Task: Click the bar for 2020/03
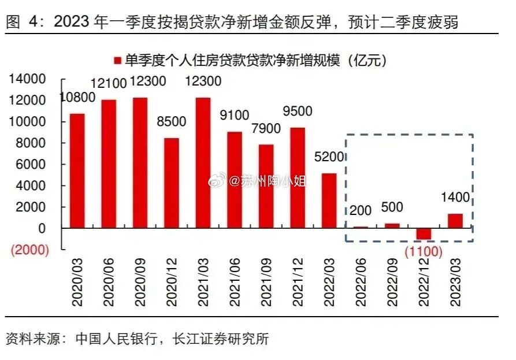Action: [77, 170]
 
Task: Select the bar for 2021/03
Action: [203, 162]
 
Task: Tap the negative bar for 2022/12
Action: [424, 234]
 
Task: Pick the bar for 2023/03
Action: [455, 221]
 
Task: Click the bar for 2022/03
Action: [329, 201]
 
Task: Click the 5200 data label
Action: [329, 157]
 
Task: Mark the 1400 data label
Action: [455, 198]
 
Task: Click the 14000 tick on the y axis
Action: [26, 79]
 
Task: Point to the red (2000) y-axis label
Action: [27, 250]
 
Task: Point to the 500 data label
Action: [392, 207]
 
